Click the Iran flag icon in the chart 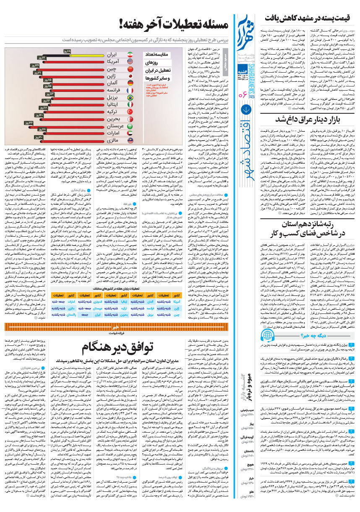point(130,55)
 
